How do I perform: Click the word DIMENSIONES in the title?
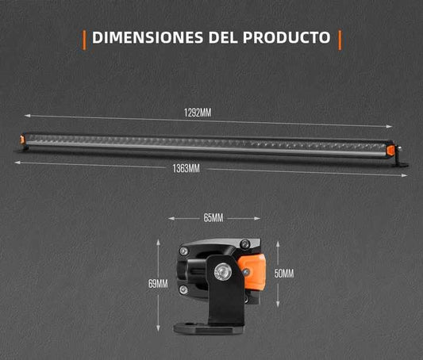(x=148, y=37)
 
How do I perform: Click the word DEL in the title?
(x=223, y=37)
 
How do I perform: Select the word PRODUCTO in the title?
(x=286, y=37)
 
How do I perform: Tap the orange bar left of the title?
(x=84, y=40)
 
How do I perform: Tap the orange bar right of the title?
(x=340, y=40)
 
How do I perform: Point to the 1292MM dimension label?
(x=198, y=113)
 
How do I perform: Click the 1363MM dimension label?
(x=187, y=169)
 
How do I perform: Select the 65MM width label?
(x=213, y=218)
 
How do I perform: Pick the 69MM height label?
(x=158, y=284)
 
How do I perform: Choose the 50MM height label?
(x=284, y=274)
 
